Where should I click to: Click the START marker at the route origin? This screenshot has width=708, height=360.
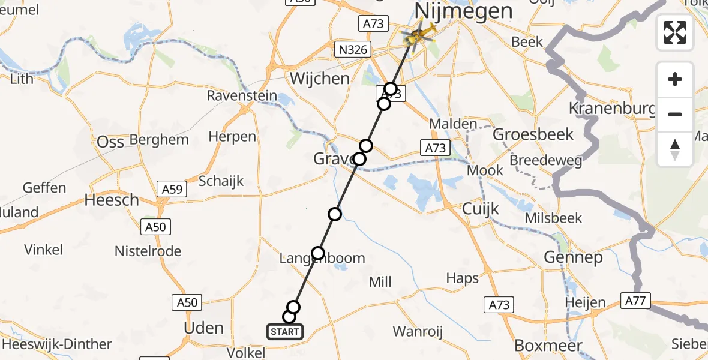(x=284, y=332)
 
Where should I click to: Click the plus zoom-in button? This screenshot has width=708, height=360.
(x=675, y=79)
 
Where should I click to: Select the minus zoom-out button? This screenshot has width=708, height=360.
(x=675, y=114)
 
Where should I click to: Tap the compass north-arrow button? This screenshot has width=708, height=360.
(x=675, y=149)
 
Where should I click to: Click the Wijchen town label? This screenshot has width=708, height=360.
(x=319, y=79)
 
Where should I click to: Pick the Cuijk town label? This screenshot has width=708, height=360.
(x=481, y=209)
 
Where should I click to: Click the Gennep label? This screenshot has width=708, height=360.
(x=572, y=258)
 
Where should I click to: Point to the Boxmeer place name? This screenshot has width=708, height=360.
(x=548, y=346)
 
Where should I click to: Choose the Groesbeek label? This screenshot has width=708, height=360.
(x=524, y=134)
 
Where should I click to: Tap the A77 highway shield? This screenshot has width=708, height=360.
(x=634, y=301)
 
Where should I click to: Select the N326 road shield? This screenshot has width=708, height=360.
(x=353, y=50)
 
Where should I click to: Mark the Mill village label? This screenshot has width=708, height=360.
(x=380, y=281)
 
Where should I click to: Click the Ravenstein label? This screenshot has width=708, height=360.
(x=242, y=96)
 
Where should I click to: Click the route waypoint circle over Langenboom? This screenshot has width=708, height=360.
(x=318, y=253)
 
